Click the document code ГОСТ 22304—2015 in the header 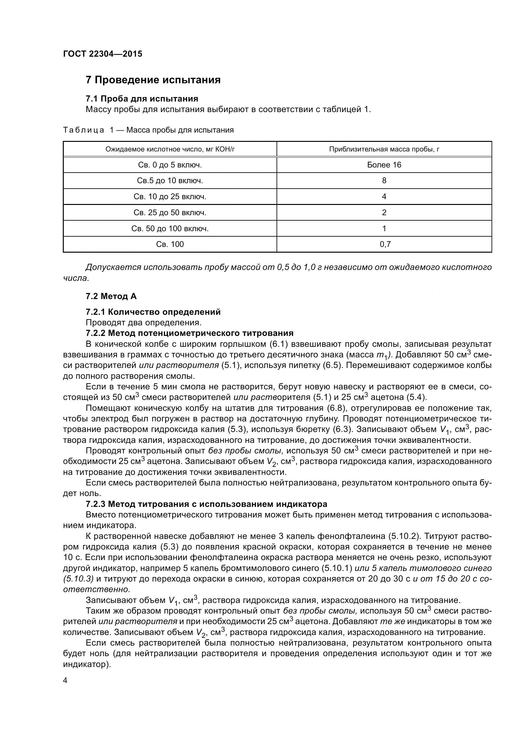pyautogui.click(x=103, y=54)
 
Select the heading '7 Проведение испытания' pyautogui.click(x=153, y=80)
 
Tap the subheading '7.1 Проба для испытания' pyautogui.click(x=142, y=99)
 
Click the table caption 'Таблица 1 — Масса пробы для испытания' pyautogui.click(x=148, y=130)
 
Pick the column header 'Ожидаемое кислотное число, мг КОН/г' pyautogui.click(x=170, y=150)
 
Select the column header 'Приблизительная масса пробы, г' pyautogui.click(x=384, y=150)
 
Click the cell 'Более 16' pyautogui.click(x=384, y=165)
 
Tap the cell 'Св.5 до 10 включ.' pyautogui.click(x=170, y=181)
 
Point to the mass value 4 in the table pyautogui.click(x=384, y=197)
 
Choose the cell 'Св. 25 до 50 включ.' pyautogui.click(x=170, y=213)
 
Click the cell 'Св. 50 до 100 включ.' pyautogui.click(x=170, y=229)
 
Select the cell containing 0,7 pyautogui.click(x=385, y=244)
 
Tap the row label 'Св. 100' pyautogui.click(x=170, y=244)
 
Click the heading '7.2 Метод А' pyautogui.click(x=111, y=296)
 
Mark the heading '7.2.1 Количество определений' pyautogui.click(x=153, y=312)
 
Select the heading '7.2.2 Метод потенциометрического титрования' pyautogui.click(x=189, y=333)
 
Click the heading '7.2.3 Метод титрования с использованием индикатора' pyautogui.click(x=206, y=504)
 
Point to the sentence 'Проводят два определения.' pyautogui.click(x=144, y=323)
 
